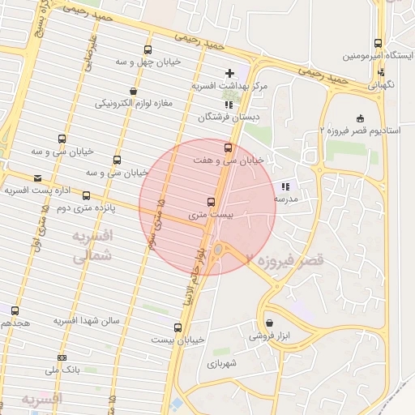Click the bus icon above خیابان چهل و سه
[147, 49]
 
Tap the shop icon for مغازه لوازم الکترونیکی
[133, 91]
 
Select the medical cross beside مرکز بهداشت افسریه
[230, 74]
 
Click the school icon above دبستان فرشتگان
[229, 105]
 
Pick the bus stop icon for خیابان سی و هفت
[227, 148]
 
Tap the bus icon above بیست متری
[212, 201]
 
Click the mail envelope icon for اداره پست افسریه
[37, 178]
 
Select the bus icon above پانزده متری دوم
[86, 195]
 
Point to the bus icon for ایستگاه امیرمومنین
[378, 44]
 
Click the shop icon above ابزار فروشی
[269, 323]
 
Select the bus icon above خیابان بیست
[178, 327]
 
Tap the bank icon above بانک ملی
[62, 357]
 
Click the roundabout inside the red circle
[219, 250]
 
